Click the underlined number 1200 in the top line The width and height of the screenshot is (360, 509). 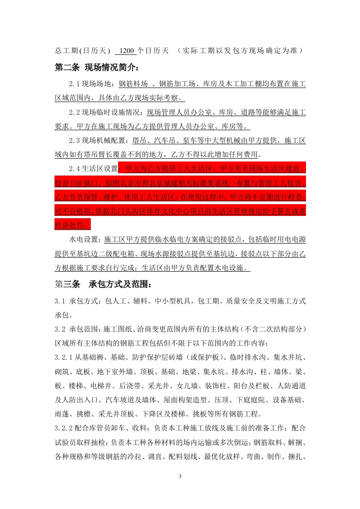pos(124,50)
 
